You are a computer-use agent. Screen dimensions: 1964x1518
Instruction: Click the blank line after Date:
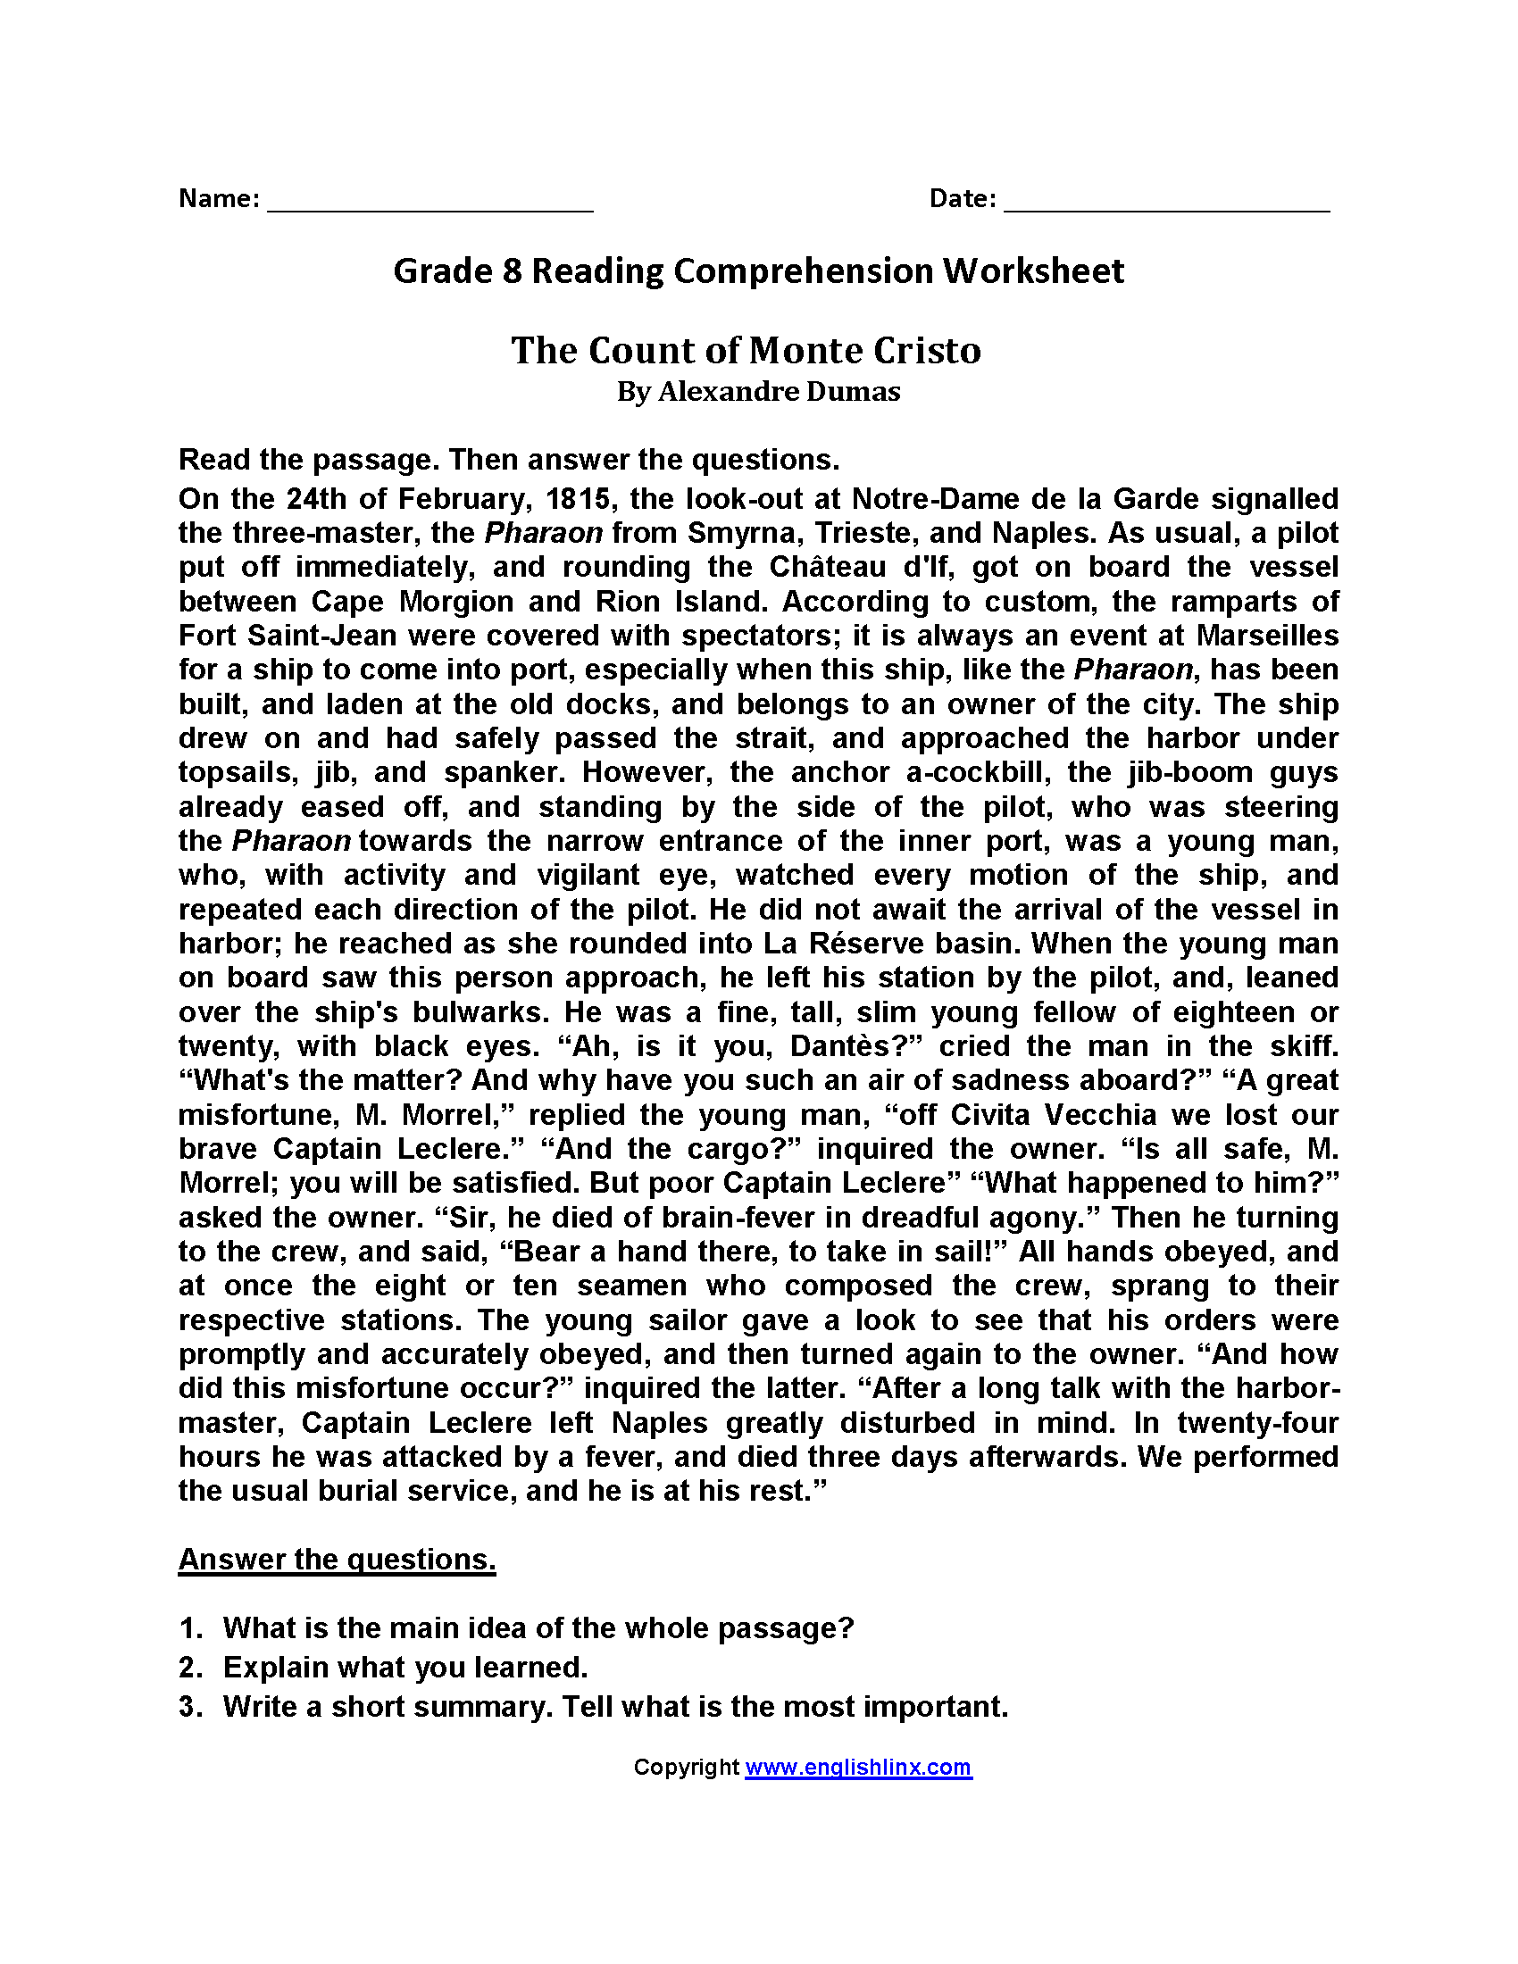(1166, 203)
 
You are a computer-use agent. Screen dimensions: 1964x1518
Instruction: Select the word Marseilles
(1267, 635)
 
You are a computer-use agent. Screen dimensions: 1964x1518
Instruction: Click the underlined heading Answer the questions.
(337, 1560)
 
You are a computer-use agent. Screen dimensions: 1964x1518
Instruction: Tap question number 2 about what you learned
(405, 1668)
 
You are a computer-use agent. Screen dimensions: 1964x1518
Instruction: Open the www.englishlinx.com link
(858, 1767)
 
